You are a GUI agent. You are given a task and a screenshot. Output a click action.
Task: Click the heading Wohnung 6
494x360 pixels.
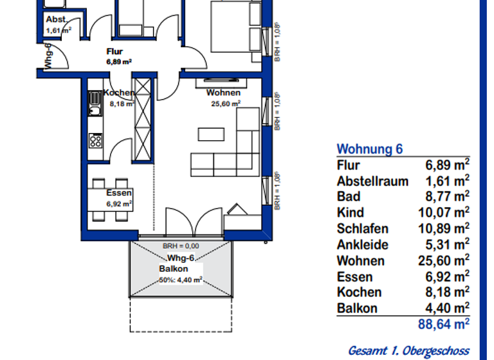click(370, 149)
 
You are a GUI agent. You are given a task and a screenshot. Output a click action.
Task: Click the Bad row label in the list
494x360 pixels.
click(349, 197)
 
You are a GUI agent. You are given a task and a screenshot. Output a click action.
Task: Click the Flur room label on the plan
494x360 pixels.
click(114, 52)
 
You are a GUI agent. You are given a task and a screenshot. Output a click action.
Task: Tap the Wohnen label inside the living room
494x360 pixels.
click(223, 93)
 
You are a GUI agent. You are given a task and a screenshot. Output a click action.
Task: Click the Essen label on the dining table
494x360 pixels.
click(120, 193)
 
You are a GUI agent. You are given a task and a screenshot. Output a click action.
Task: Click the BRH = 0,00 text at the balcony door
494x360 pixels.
click(181, 246)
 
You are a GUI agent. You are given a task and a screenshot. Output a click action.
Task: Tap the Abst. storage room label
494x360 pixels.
click(56, 19)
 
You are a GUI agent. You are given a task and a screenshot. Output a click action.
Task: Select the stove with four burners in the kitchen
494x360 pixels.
click(95, 140)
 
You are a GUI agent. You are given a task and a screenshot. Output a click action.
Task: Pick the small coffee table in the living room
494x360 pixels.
click(211, 134)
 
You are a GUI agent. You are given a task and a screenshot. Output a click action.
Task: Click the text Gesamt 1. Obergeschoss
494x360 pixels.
click(408, 350)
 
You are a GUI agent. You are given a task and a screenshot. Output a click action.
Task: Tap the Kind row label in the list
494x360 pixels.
click(351, 213)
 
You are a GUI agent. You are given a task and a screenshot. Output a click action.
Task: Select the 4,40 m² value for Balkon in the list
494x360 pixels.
click(447, 307)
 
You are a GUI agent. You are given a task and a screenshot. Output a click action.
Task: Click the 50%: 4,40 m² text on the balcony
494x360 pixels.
click(181, 280)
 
